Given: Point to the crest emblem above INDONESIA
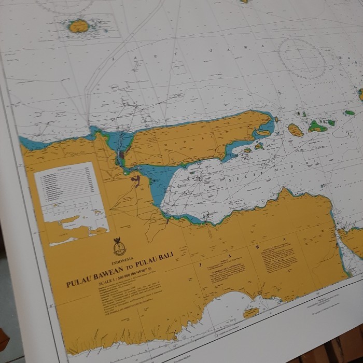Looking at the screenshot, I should [119, 246].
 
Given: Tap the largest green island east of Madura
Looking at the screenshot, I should [317, 126].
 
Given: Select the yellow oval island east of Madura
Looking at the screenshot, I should [295, 130].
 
